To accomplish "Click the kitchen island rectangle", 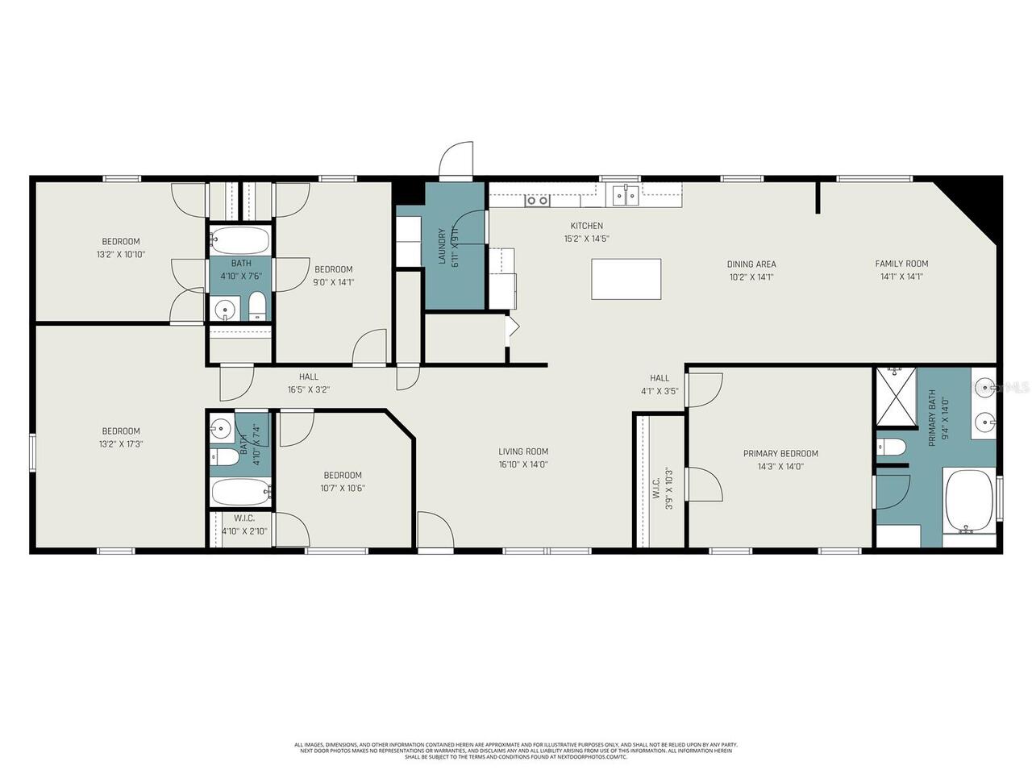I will [626, 279].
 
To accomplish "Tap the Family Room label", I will [901, 264].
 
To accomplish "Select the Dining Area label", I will [751, 264].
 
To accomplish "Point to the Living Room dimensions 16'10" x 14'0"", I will [523, 464].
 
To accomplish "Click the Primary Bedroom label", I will [780, 453].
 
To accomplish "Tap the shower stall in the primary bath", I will [897, 397].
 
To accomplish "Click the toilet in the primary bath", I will [891, 445].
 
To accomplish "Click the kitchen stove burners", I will [537, 200].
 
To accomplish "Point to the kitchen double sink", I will [625, 194].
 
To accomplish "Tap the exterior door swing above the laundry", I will [456, 160].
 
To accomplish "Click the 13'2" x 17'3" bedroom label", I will [120, 431].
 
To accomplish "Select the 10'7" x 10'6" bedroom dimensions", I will [343, 488].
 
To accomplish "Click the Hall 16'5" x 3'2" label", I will [309, 383].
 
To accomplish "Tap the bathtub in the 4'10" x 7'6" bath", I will [239, 240].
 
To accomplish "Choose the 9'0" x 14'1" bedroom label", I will [334, 269].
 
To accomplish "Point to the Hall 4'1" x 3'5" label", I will [660, 385].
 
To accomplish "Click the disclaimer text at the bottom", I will [516, 751].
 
